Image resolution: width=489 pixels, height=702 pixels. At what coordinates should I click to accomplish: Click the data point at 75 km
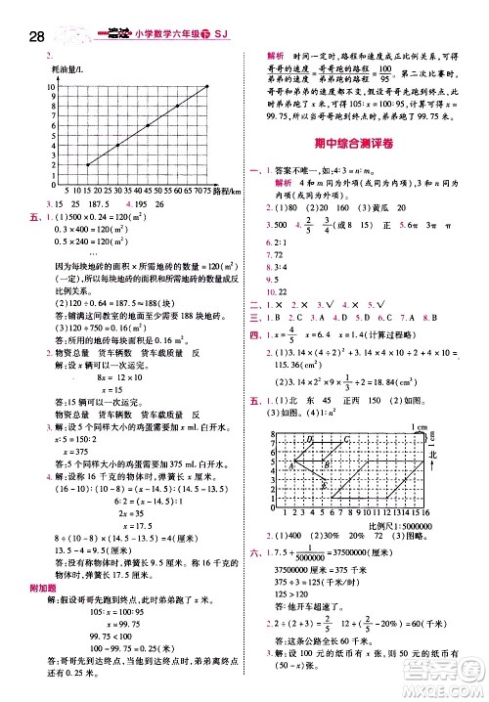click(208, 86)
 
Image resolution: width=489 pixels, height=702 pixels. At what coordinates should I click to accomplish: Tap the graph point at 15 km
click(87, 164)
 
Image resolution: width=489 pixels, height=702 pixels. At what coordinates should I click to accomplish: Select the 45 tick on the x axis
click(148, 191)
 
